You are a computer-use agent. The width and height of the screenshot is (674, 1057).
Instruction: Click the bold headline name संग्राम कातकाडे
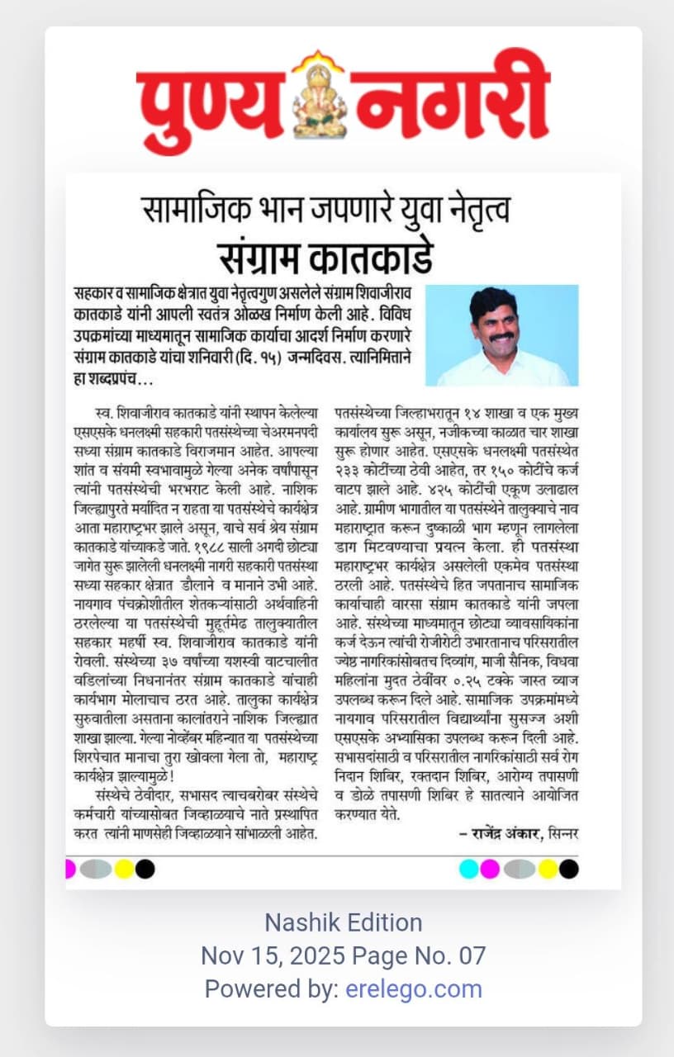coord(325,257)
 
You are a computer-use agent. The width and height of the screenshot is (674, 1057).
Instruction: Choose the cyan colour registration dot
coord(468,869)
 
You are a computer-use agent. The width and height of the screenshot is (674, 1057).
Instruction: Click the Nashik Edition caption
coord(343,922)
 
